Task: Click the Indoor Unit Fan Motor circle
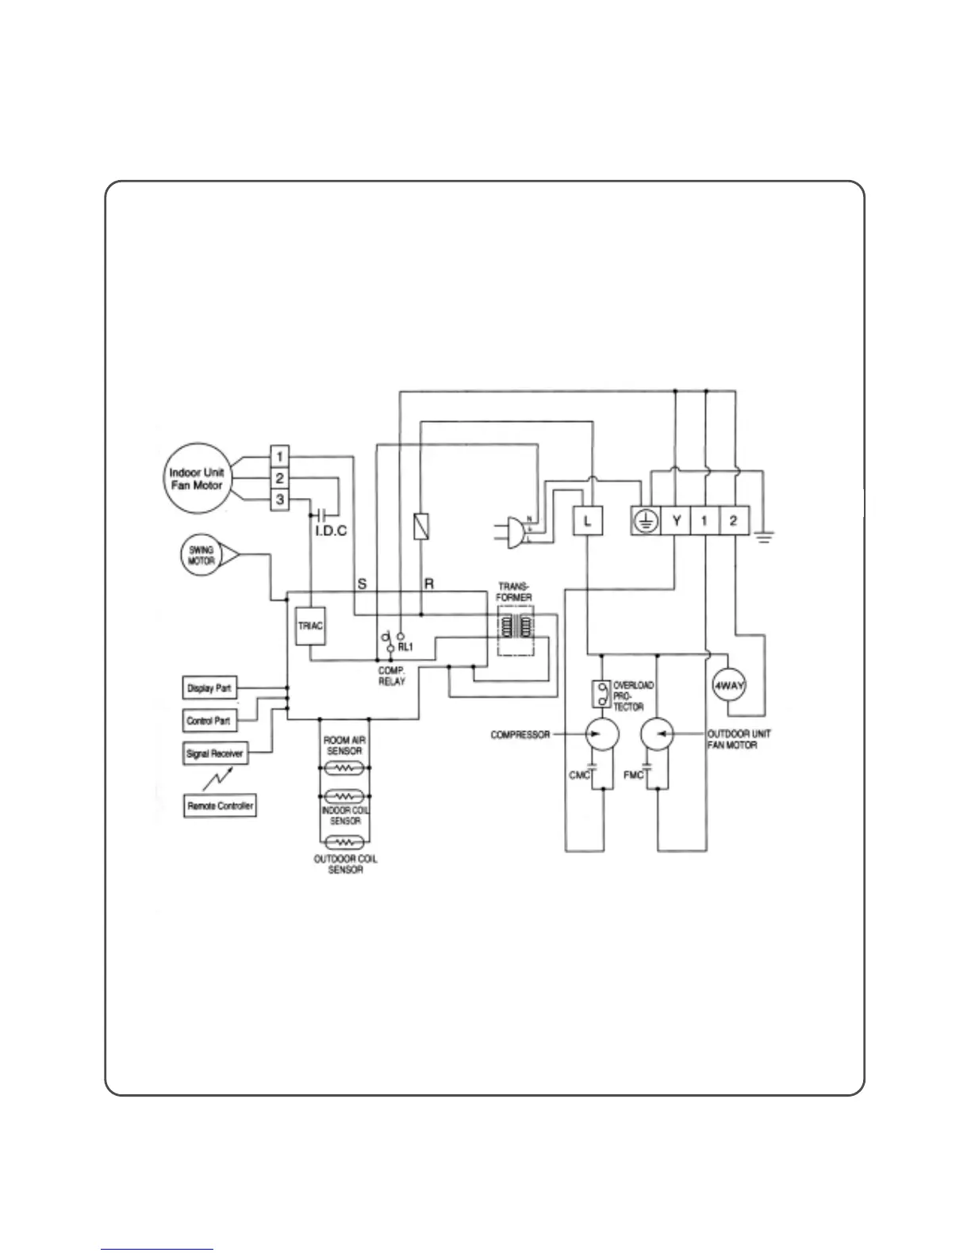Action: click(197, 479)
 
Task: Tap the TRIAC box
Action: click(310, 626)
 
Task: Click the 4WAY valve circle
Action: click(727, 687)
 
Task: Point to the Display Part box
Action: click(209, 688)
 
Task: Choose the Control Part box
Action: click(209, 721)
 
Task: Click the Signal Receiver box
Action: click(214, 753)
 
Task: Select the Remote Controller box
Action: click(220, 806)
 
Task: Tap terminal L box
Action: click(587, 521)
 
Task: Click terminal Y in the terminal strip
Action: click(677, 521)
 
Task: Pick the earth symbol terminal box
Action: click(647, 521)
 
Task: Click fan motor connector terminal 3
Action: click(280, 500)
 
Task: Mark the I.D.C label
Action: click(331, 530)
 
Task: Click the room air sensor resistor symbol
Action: click(343, 768)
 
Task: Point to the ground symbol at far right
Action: click(764, 538)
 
